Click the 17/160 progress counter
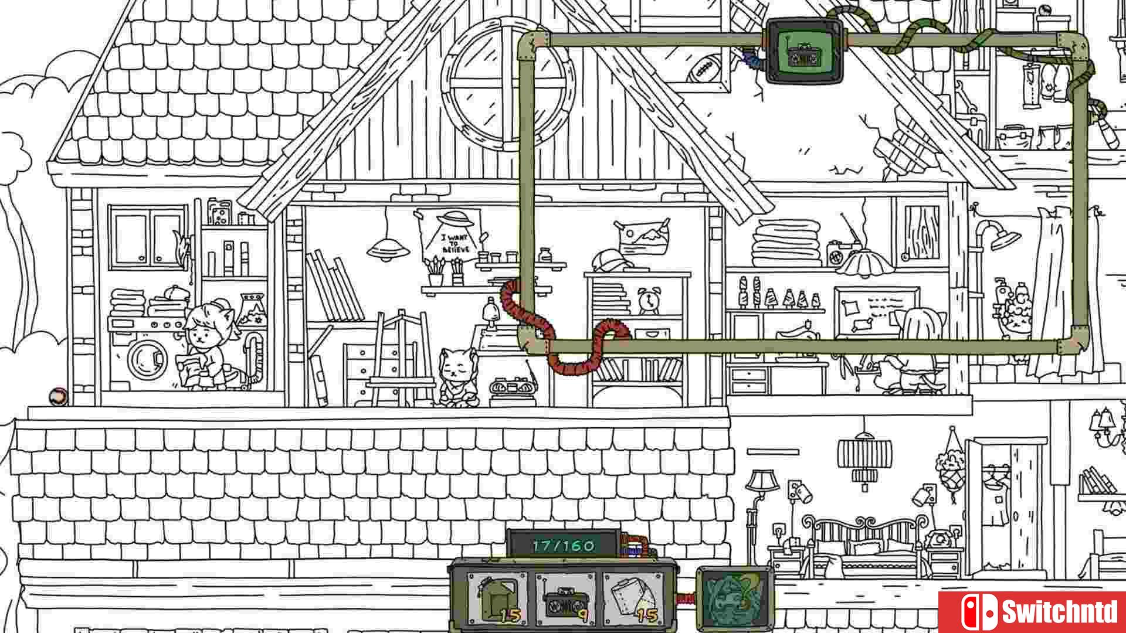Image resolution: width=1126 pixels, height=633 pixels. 564,546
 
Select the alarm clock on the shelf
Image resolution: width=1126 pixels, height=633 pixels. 649,301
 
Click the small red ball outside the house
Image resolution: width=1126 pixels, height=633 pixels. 58,397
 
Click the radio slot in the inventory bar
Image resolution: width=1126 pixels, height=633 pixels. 565,600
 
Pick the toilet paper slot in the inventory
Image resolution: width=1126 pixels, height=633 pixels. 634,600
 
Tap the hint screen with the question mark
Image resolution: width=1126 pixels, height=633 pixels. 735,600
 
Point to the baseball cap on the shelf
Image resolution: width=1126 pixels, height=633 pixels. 611,260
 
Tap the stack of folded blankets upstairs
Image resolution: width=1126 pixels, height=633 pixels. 786,243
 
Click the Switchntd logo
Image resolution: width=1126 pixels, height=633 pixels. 1032,612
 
